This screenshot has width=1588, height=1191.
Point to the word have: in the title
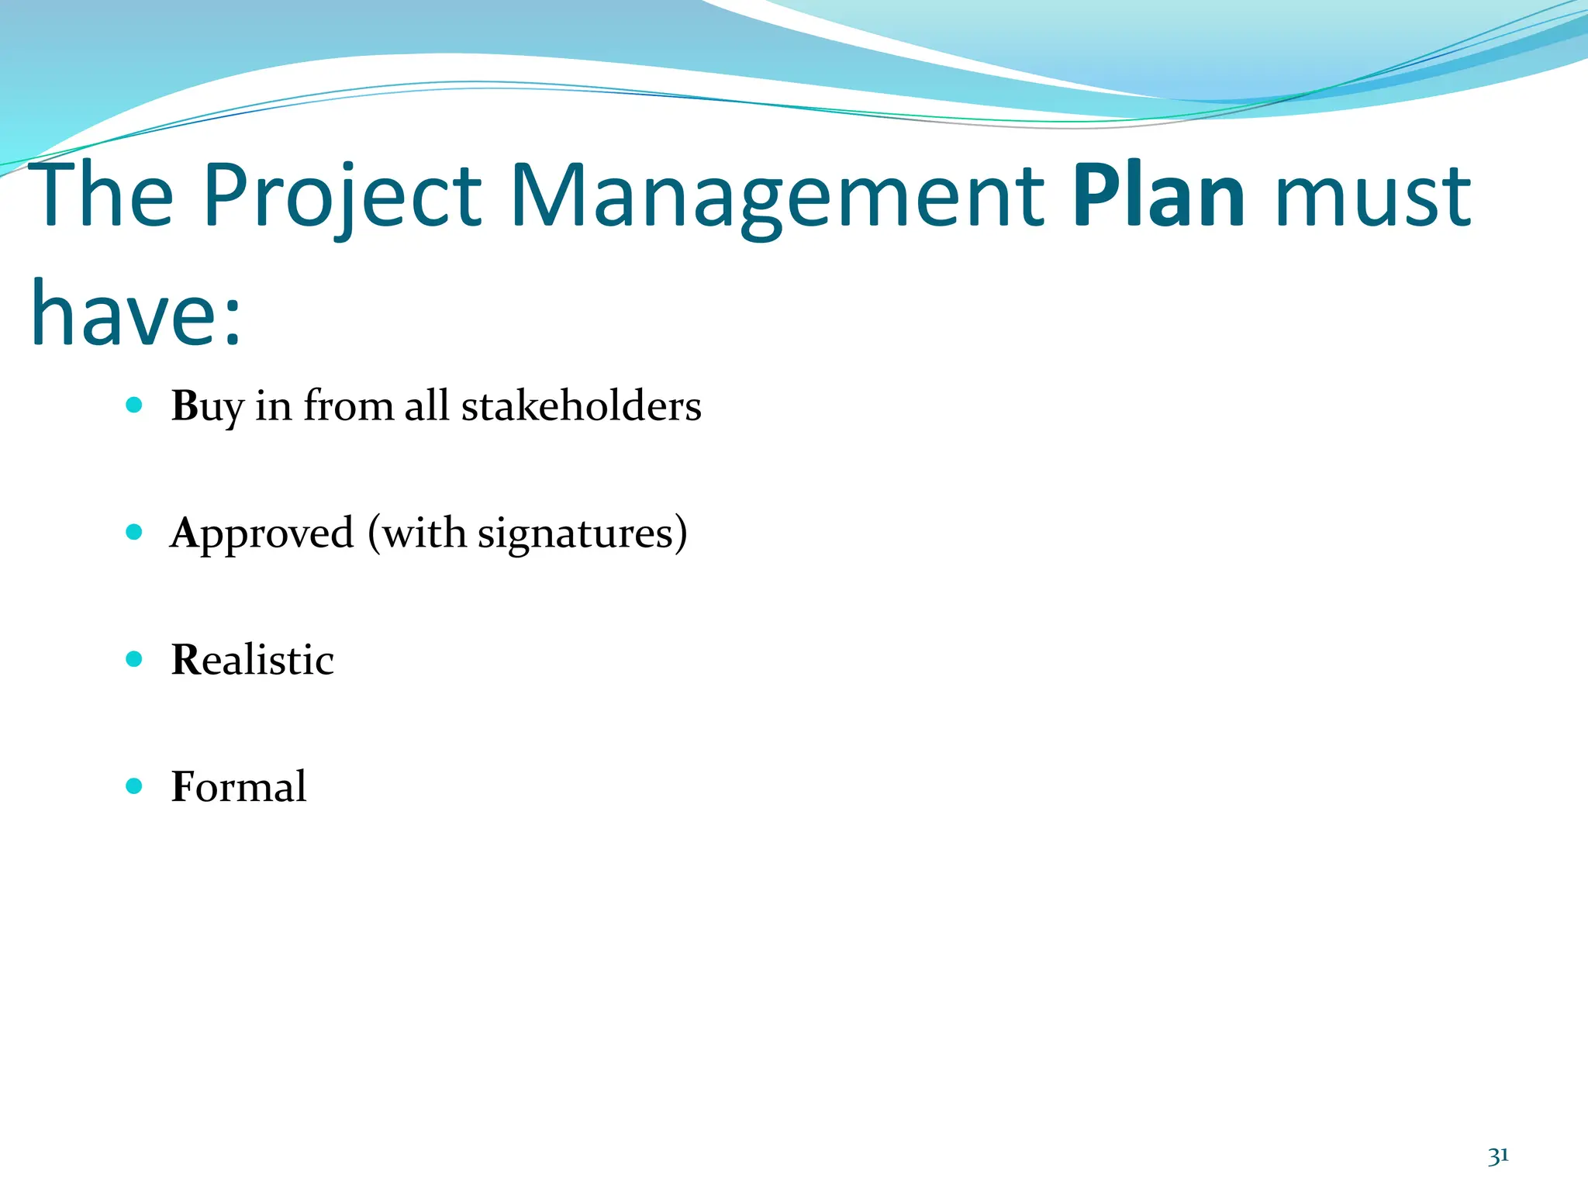pos(136,314)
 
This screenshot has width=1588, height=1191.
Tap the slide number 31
pos(1498,1156)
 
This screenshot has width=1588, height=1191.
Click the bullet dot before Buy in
pos(134,405)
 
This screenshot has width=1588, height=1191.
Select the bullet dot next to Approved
pos(134,532)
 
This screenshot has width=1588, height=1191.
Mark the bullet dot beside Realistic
pos(134,659)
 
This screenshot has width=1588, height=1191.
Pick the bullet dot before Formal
pos(134,786)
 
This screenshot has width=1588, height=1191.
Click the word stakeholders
pos(581,406)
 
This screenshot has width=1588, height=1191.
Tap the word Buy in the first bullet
pos(207,406)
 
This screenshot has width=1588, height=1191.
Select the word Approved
pos(262,533)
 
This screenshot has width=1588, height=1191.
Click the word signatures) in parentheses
pos(582,533)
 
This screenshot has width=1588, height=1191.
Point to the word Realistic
pos(252,660)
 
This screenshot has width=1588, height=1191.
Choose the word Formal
pos(238,787)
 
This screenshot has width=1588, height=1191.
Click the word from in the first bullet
pos(349,406)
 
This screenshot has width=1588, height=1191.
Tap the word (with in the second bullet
pos(417,533)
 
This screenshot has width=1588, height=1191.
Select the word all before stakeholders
pos(426,406)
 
